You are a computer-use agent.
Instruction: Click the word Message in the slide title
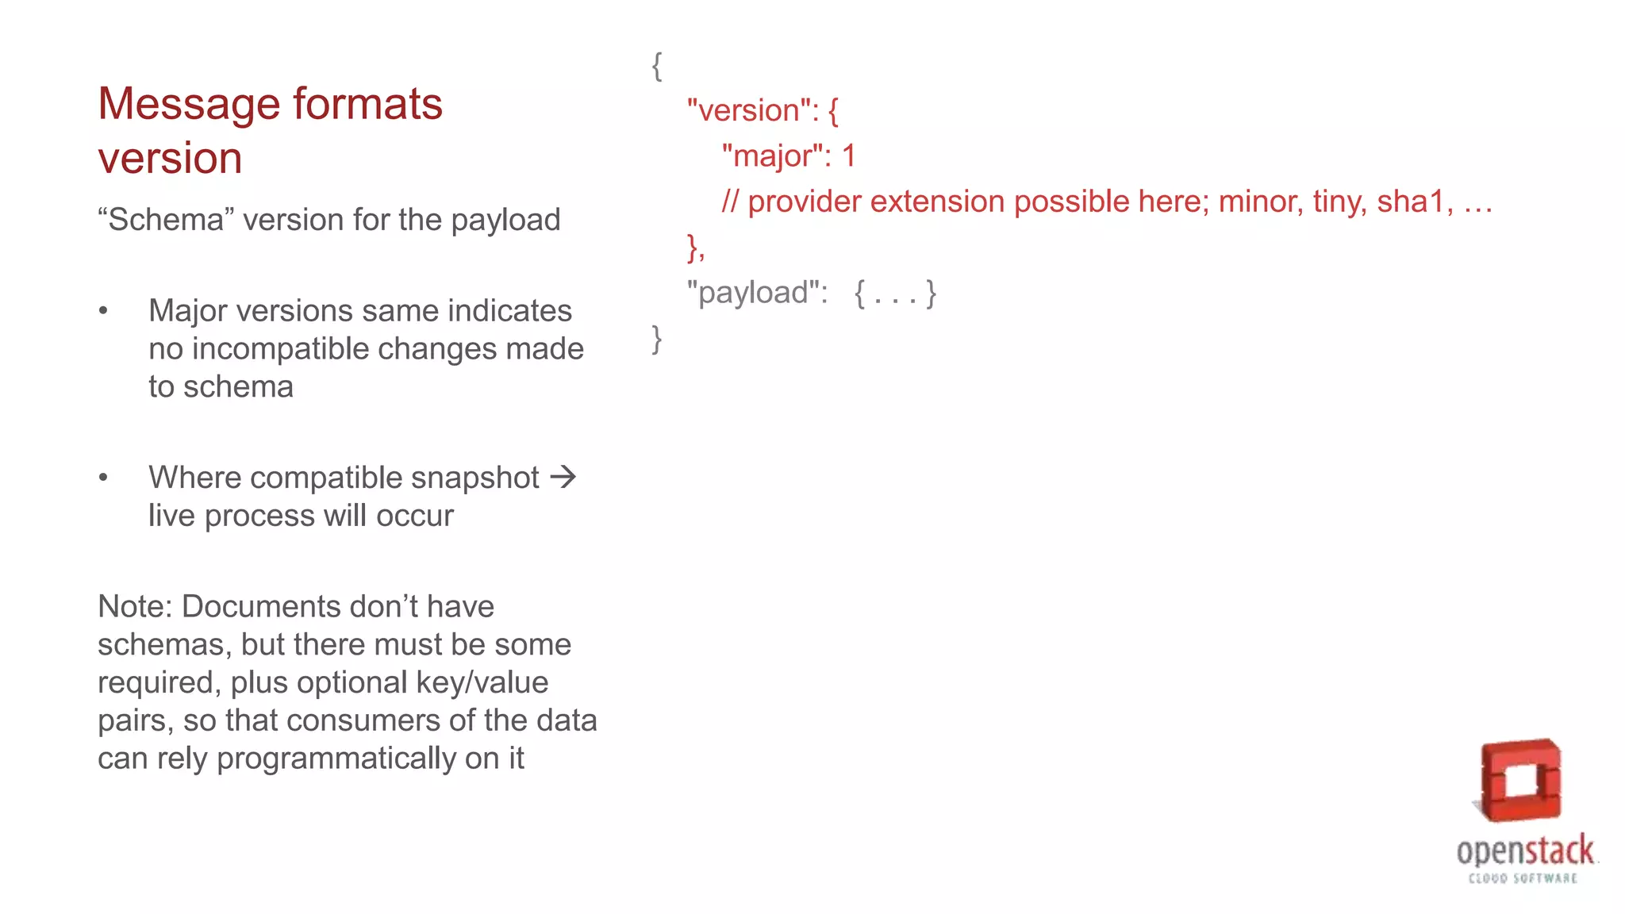(x=188, y=105)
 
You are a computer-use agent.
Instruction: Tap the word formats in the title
(x=367, y=105)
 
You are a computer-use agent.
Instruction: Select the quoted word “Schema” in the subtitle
(x=166, y=220)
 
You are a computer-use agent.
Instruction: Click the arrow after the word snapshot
(x=563, y=477)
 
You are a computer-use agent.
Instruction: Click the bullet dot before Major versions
(x=103, y=311)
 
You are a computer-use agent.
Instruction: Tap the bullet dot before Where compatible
(x=103, y=478)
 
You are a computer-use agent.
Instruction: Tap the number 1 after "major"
(x=848, y=156)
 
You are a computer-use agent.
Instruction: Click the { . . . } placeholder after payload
(x=895, y=294)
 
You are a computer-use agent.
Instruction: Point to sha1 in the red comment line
(x=1410, y=202)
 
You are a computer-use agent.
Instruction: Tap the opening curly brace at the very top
(x=657, y=66)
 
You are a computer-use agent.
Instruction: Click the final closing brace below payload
(x=657, y=339)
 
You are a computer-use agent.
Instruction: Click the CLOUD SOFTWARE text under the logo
(x=1523, y=878)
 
